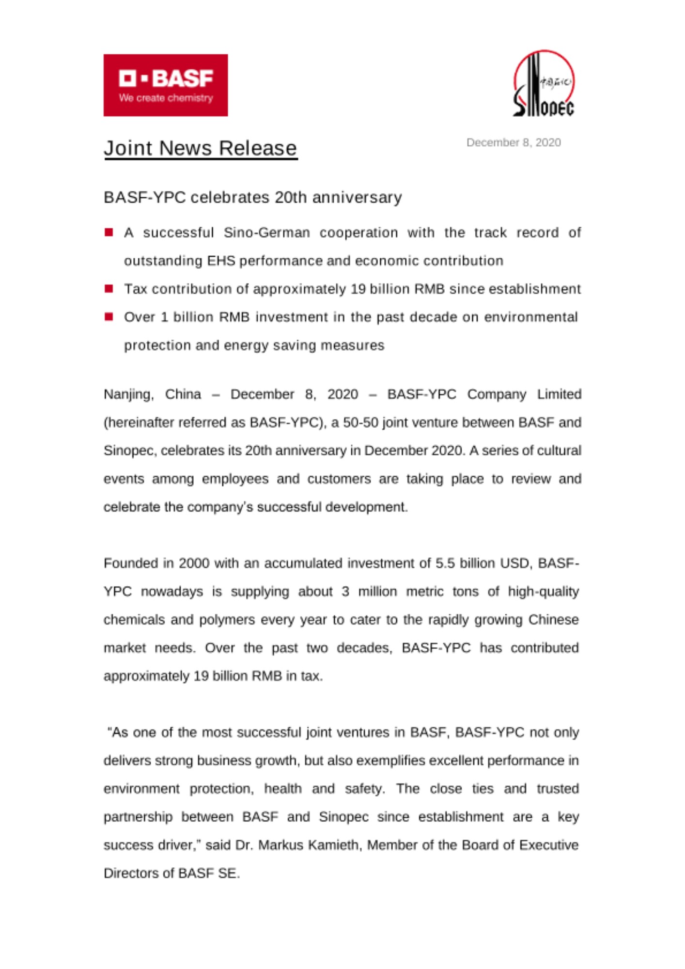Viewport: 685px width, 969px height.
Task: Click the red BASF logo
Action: (x=166, y=85)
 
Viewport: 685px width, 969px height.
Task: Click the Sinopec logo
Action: (x=544, y=84)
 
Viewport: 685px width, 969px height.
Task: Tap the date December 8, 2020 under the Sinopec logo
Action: (x=514, y=142)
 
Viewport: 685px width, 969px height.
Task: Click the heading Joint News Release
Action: (x=200, y=148)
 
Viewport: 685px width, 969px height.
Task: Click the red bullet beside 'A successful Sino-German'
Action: (x=109, y=233)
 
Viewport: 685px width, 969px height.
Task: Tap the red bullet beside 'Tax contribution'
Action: (x=109, y=289)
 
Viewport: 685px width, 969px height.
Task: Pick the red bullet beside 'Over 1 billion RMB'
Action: (x=109, y=317)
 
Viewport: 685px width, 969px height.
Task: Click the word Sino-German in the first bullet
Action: (x=266, y=233)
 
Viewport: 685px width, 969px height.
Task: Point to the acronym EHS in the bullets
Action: (x=221, y=261)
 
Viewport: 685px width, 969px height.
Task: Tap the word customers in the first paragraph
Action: (x=339, y=479)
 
